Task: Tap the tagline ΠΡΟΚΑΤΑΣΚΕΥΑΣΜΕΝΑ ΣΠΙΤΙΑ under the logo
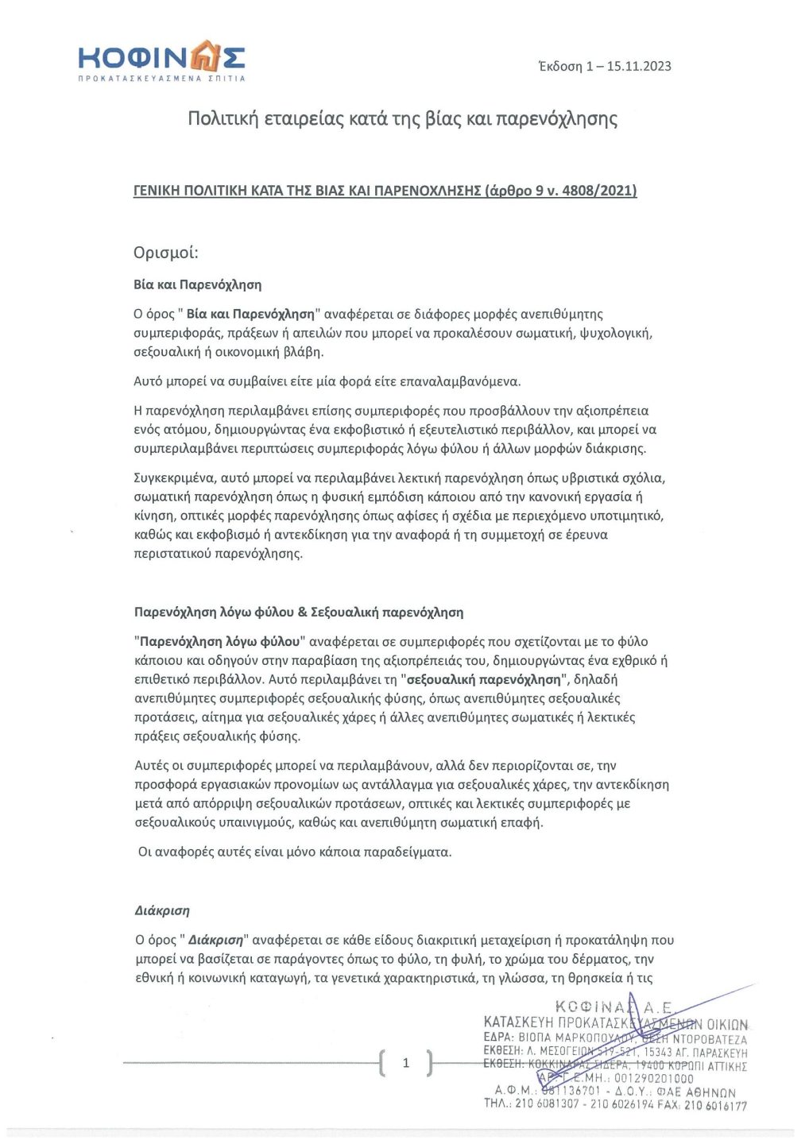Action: tap(161, 79)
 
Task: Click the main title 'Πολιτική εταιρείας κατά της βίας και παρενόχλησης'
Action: tap(402, 119)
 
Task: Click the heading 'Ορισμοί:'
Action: tap(165, 253)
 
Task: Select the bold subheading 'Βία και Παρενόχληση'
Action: tap(197, 284)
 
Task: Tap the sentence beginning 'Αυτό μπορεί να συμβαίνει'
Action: tap(327, 381)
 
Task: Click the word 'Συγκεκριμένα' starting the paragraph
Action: tap(174, 478)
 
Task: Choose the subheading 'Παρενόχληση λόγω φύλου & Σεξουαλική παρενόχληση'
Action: tap(299, 613)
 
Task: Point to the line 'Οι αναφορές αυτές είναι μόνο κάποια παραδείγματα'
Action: tap(295, 852)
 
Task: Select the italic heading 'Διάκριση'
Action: tap(162, 911)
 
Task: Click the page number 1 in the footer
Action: tap(406, 1063)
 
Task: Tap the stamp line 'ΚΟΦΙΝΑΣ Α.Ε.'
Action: tap(614, 1007)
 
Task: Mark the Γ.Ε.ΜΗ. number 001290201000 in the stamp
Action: tap(653, 1079)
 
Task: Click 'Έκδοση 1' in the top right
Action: tap(566, 66)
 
